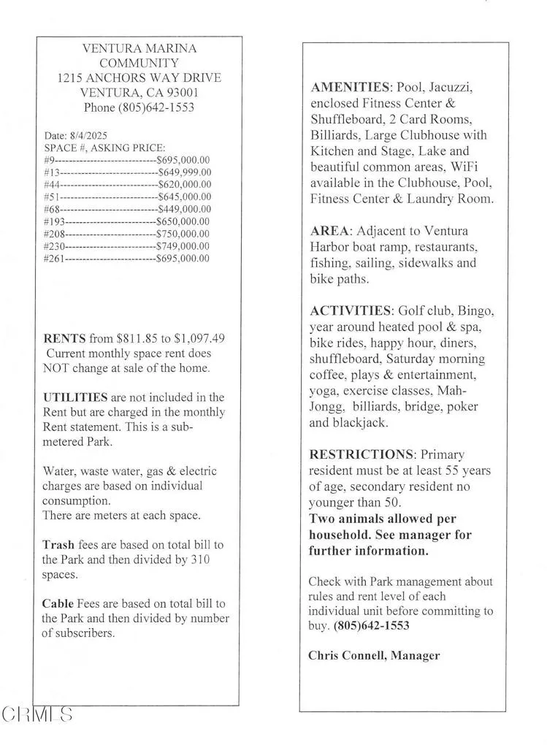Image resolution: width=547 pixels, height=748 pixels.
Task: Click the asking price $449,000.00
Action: pyautogui.click(x=184, y=209)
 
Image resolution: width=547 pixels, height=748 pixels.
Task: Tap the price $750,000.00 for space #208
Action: pyautogui.click(x=184, y=234)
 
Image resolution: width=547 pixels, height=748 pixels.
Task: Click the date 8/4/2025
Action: pyautogui.click(x=88, y=136)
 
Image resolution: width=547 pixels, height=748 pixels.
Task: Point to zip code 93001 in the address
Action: pyautogui.click(x=182, y=93)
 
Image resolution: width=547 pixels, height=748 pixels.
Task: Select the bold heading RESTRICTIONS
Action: pyautogui.click(x=362, y=455)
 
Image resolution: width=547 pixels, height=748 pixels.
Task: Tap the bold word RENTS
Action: pyautogui.click(x=65, y=339)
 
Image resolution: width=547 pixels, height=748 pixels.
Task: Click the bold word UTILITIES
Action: pyautogui.click(x=75, y=397)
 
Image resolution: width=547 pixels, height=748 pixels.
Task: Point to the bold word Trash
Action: pyautogui.click(x=58, y=545)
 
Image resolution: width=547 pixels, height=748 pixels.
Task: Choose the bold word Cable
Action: pyautogui.click(x=58, y=603)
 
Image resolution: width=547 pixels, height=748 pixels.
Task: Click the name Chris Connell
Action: pyautogui.click(x=346, y=655)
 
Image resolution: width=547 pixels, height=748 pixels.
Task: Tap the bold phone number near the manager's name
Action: pyautogui.click(x=371, y=626)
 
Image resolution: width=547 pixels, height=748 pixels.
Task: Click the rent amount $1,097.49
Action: pyautogui.click(x=200, y=339)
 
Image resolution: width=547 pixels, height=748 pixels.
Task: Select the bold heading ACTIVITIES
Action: pyautogui.click(x=352, y=311)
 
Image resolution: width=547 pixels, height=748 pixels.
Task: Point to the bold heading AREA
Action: pyautogui.click(x=329, y=232)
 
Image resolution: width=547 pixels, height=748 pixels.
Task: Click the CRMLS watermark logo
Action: pyautogui.click(x=37, y=714)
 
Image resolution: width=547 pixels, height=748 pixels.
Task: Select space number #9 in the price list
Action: pyautogui.click(x=49, y=160)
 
